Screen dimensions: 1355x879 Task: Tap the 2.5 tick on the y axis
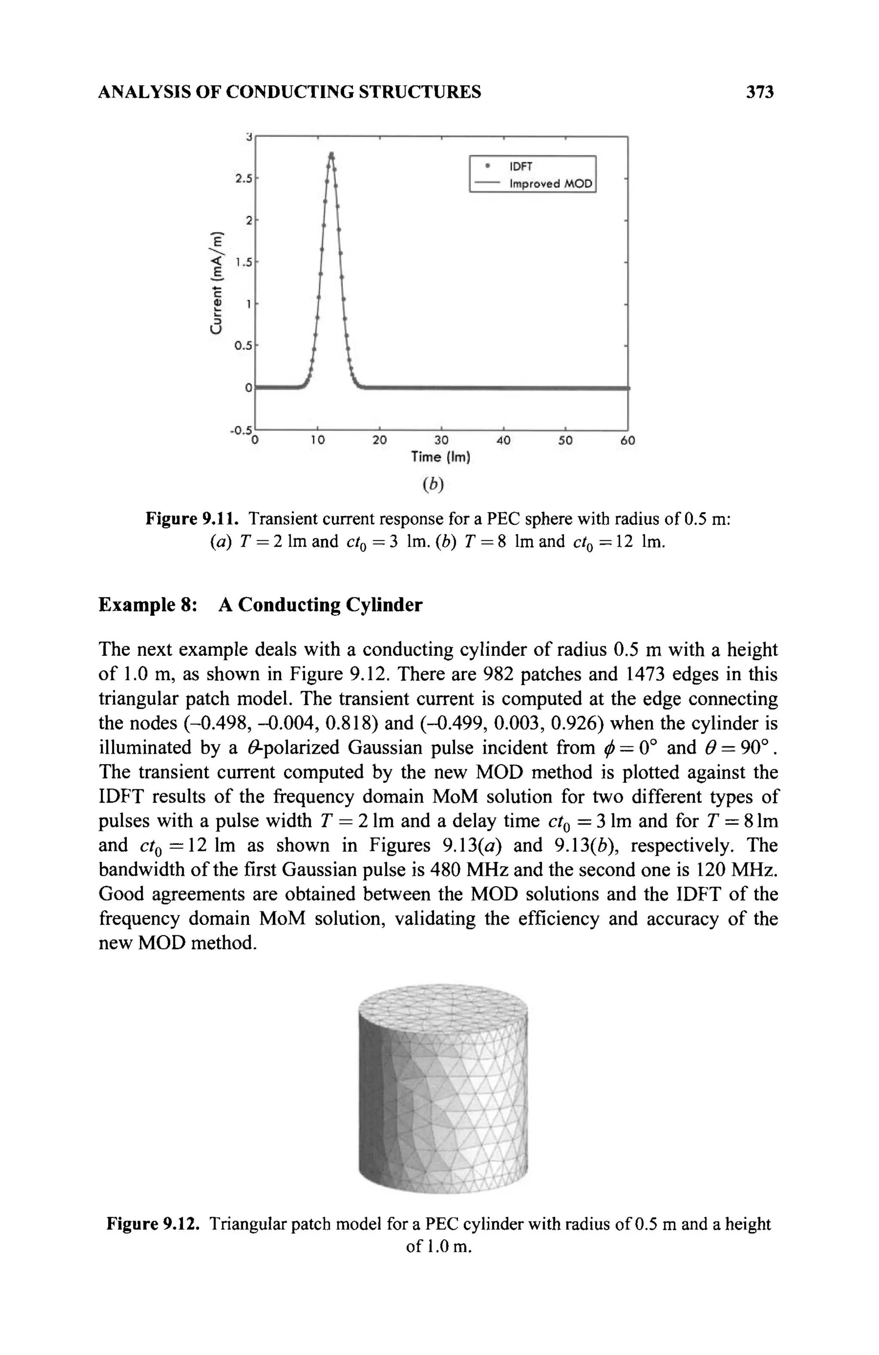244,179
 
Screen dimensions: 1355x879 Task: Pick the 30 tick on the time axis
441,440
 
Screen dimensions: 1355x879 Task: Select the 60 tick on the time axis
627,440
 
